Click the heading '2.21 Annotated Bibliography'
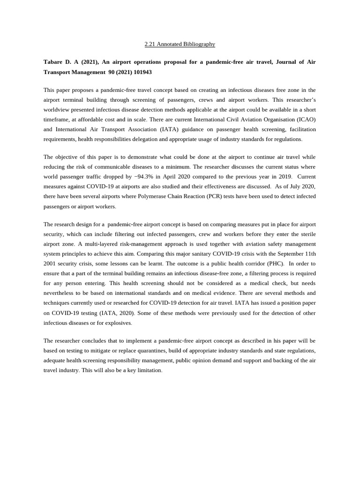click(180, 44)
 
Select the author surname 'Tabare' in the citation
click(53, 62)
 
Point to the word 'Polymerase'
click(152, 196)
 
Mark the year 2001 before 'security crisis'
click(51, 263)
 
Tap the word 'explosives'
click(119, 322)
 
